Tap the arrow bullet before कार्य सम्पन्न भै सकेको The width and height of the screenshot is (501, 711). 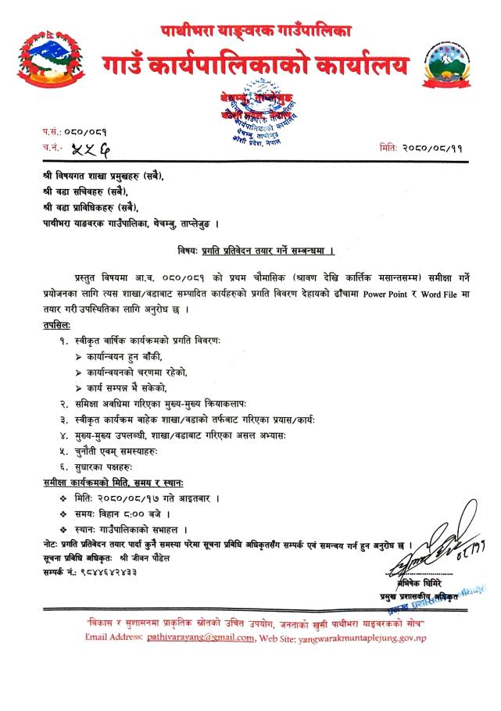(x=78, y=388)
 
